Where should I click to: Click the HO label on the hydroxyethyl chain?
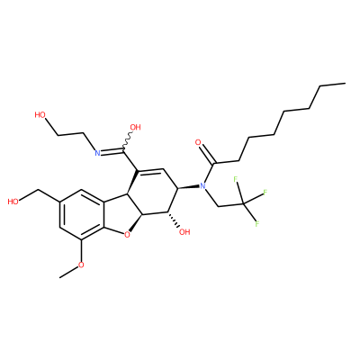(x=40, y=114)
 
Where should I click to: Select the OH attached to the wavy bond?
(x=135, y=127)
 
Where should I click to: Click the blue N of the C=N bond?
(x=97, y=153)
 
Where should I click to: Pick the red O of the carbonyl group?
(x=198, y=142)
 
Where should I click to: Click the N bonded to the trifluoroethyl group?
(x=202, y=186)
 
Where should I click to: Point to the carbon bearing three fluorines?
(x=243, y=204)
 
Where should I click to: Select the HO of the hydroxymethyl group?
(x=13, y=202)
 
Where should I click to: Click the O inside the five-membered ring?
(x=128, y=235)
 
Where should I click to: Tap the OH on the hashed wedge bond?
(x=184, y=232)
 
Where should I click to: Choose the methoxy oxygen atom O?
(x=81, y=265)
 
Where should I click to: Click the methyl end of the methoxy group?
(x=60, y=278)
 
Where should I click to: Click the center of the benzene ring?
(x=81, y=214)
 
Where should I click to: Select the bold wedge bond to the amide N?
(x=188, y=187)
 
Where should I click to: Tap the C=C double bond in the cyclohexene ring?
(x=150, y=170)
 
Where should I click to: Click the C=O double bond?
(x=208, y=154)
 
